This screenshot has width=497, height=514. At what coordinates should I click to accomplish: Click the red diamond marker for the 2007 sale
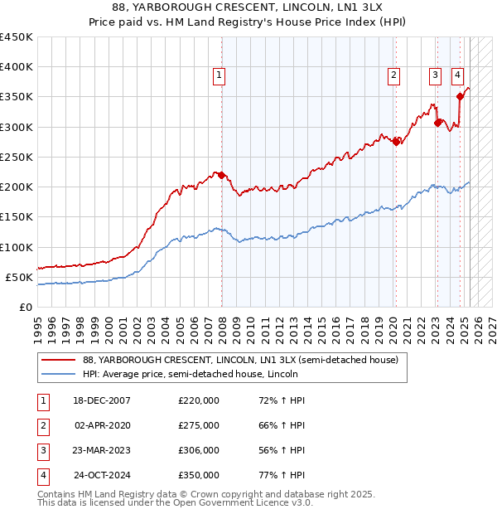click(x=221, y=175)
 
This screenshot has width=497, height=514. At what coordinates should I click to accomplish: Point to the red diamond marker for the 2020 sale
click(x=396, y=142)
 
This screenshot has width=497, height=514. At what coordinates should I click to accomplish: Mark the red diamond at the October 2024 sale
click(x=460, y=97)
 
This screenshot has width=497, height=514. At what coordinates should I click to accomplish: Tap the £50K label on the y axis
click(x=20, y=277)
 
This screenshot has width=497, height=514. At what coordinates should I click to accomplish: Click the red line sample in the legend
click(x=58, y=360)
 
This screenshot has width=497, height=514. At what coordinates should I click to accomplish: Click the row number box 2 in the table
click(x=41, y=425)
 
